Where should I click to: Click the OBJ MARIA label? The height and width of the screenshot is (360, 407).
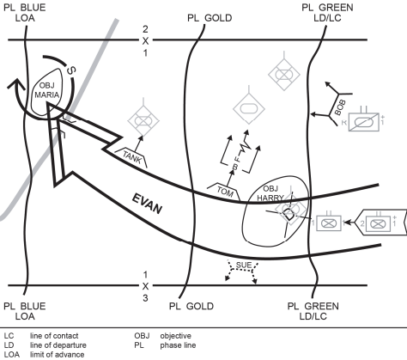[47, 90]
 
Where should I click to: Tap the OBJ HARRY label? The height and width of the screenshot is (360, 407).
[270, 193]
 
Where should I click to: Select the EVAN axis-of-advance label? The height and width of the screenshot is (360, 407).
[147, 204]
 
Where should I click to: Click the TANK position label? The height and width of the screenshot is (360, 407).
[132, 157]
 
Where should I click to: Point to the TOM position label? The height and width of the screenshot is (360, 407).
[225, 192]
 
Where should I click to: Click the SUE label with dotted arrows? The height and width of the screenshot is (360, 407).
[244, 265]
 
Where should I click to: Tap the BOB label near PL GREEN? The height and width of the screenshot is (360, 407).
[340, 107]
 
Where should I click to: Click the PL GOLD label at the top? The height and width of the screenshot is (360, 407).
[210, 18]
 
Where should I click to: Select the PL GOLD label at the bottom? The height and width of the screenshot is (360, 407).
[191, 306]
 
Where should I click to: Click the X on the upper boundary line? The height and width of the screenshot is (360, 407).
[145, 41]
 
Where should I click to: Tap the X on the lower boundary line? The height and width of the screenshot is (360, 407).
[145, 286]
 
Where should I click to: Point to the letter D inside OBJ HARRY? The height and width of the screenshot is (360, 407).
[289, 215]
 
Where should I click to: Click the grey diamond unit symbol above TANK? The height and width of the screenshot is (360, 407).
[143, 120]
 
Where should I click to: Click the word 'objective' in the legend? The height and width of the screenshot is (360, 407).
[176, 336]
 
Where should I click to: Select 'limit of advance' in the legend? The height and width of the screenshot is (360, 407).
[57, 355]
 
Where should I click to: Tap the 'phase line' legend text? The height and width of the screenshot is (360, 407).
[178, 345]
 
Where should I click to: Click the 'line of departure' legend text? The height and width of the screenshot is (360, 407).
[58, 345]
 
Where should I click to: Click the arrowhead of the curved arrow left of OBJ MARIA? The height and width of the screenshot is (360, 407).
[15, 84]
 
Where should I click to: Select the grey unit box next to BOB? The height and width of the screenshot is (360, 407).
[364, 122]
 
